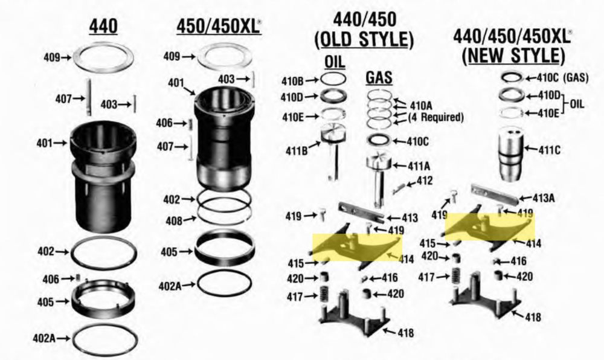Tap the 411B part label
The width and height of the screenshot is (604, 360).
tap(297, 151)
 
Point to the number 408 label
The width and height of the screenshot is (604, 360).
tap(174, 221)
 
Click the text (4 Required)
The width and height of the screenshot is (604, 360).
tap(435, 117)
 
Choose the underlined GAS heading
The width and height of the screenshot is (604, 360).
tap(379, 78)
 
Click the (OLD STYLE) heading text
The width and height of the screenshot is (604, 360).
tap(364, 40)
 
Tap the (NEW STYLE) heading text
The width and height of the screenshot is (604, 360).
tap(513, 56)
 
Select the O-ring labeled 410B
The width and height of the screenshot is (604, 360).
tap(333, 79)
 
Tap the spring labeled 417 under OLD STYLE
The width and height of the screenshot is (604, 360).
tap(324, 295)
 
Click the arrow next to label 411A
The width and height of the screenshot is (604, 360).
tap(399, 166)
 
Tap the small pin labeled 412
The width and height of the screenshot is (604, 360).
tap(398, 188)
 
